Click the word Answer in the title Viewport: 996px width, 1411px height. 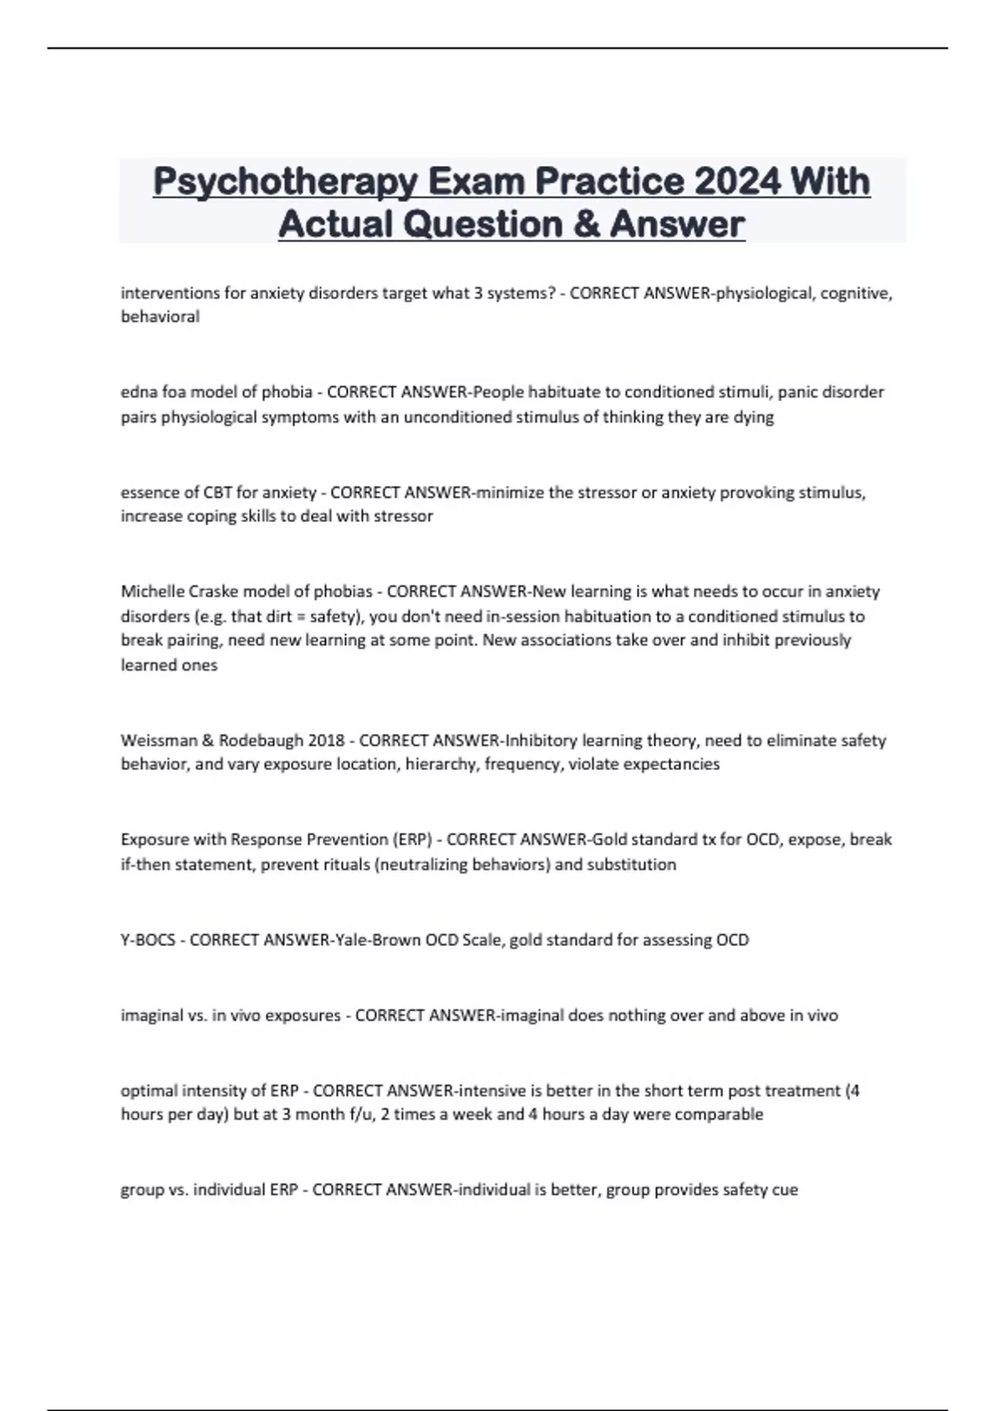(677, 223)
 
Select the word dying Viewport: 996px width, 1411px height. (753, 417)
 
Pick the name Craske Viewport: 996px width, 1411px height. (215, 592)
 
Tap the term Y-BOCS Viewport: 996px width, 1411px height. (148, 940)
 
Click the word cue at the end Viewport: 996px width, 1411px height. (784, 1189)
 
